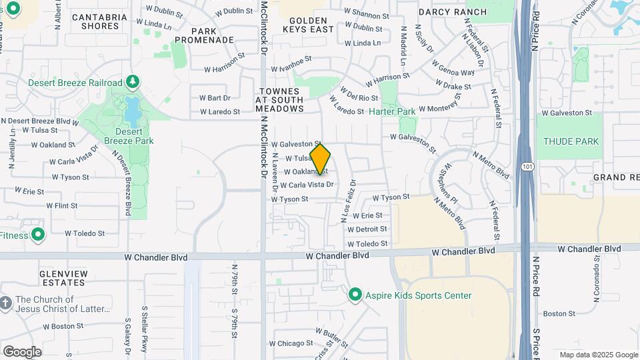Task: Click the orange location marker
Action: (321, 159)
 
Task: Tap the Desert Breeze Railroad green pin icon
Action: (133, 82)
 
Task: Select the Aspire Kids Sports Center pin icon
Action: (355, 295)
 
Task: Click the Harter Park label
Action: (392, 111)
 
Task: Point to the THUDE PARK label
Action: (571, 141)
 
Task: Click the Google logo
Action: (22, 351)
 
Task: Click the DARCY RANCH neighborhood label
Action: (453, 12)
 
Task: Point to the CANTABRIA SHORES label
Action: (100, 21)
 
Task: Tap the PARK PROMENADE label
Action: (213, 35)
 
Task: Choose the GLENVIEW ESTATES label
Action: (63, 278)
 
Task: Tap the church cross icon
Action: (6, 304)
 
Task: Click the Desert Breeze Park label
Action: (129, 136)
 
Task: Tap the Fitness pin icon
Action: (38, 234)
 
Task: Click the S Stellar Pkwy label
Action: (144, 329)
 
